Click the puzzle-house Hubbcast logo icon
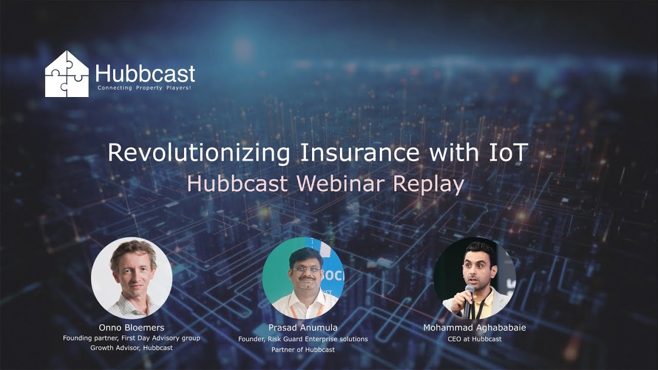66,74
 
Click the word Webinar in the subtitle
341,183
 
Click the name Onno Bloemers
131,327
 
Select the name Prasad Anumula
303,327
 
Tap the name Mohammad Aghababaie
474,327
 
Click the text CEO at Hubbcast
474,339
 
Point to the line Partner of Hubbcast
303,349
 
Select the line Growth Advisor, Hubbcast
132,348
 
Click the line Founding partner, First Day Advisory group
132,338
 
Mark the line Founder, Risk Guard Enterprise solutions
303,339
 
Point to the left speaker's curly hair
133,251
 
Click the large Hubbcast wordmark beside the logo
145,74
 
